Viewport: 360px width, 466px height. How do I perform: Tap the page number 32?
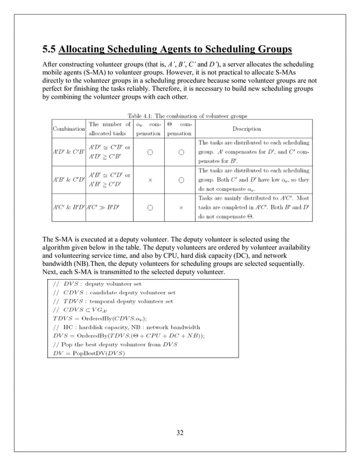pos(180,433)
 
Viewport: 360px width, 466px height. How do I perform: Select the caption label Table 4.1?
pos(142,116)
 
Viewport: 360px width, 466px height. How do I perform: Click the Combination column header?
pos(68,129)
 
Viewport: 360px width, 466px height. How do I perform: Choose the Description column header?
pos(246,129)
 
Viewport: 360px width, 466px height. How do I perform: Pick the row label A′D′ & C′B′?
pos(68,151)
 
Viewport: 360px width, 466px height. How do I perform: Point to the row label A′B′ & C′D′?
pos(68,179)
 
